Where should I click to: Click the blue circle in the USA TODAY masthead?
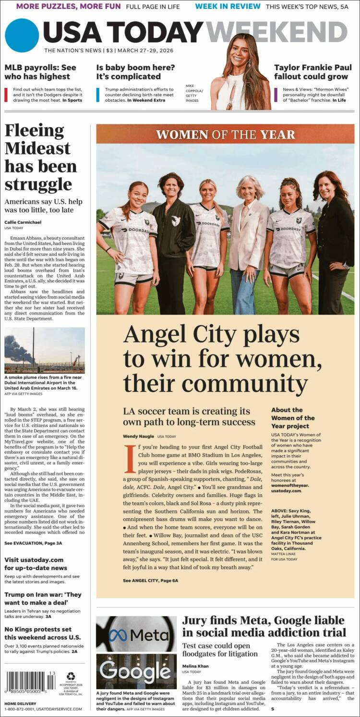click(x=22, y=35)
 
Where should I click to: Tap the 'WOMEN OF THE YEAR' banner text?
click(x=225, y=134)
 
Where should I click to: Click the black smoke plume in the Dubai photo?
click(x=18, y=349)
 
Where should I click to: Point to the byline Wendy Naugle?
click(x=138, y=436)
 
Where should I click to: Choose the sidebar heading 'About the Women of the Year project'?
click(x=293, y=418)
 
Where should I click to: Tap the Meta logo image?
click(x=136, y=635)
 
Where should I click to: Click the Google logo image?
click(x=136, y=670)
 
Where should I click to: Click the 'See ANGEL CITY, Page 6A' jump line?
click(x=150, y=580)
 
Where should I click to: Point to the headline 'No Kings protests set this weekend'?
click(x=38, y=633)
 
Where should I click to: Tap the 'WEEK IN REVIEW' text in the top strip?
click(x=228, y=6)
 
